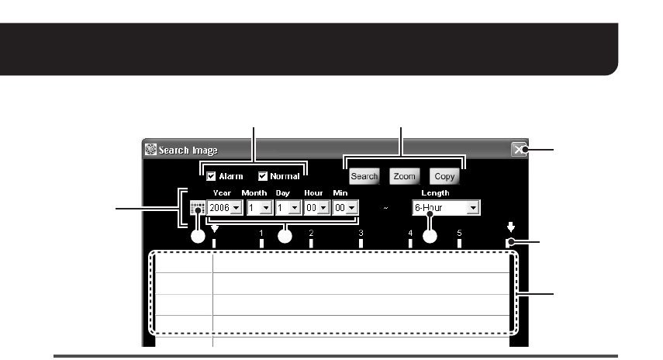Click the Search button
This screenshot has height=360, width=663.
364,176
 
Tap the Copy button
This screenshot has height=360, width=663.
444,176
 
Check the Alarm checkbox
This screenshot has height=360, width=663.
210,176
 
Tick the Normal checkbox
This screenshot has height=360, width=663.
264,176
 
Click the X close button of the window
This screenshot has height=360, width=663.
519,151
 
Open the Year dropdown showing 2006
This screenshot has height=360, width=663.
224,208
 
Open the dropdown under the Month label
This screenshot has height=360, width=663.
257,208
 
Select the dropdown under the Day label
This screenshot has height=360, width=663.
286,208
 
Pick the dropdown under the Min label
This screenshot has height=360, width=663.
345,208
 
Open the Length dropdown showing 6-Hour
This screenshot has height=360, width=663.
446,208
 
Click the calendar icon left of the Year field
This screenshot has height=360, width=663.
197,208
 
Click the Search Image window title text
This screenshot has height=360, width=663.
188,151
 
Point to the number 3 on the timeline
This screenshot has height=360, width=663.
361,233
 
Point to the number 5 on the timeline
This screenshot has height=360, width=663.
460,233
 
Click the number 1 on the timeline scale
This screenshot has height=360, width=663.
261,233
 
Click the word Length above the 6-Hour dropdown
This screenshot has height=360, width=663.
435,193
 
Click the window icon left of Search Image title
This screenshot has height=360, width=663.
151,151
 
